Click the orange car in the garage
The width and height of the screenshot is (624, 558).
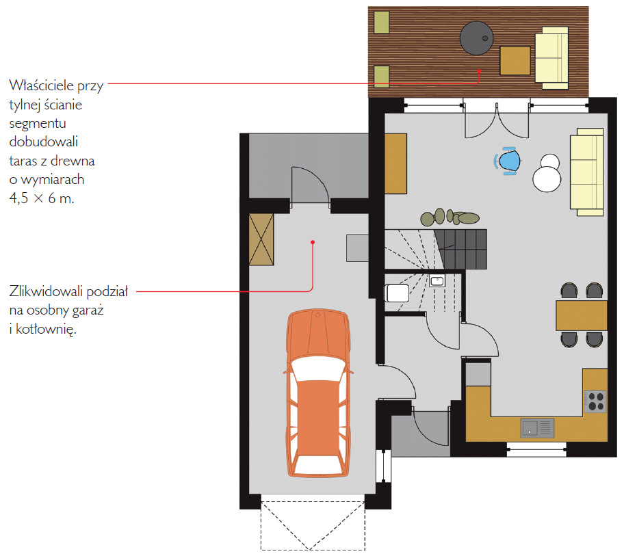pyautogui.click(x=317, y=393)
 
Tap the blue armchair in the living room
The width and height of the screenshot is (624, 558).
pyautogui.click(x=508, y=161)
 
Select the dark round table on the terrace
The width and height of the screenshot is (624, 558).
pyautogui.click(x=476, y=38)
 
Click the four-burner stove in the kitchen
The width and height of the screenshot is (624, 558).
pyautogui.click(x=595, y=401)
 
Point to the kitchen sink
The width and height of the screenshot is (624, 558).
pyautogui.click(x=537, y=428)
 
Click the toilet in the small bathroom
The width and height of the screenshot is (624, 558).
pyautogui.click(x=397, y=293)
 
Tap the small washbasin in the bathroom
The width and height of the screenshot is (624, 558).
pyautogui.click(x=437, y=281)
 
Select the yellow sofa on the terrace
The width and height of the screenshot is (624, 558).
pyautogui.click(x=551, y=58)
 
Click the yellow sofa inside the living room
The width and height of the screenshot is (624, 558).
pyautogui.click(x=587, y=172)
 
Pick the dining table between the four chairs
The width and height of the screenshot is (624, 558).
pyautogui.click(x=582, y=315)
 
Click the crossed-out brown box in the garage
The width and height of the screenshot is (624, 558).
pyautogui.click(x=261, y=239)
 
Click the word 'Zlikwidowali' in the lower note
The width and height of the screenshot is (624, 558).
pyautogui.click(x=46, y=291)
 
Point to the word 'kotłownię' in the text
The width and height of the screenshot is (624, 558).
pyautogui.click(x=46, y=330)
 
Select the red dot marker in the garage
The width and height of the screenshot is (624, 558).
pyautogui.click(x=313, y=242)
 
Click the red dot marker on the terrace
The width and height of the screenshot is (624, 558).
pyautogui.click(x=479, y=71)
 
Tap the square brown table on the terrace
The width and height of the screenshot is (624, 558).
pyautogui.click(x=515, y=60)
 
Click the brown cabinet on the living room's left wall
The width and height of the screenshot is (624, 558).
pyautogui.click(x=395, y=163)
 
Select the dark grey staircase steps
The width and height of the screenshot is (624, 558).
pyautogui.click(x=461, y=249)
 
